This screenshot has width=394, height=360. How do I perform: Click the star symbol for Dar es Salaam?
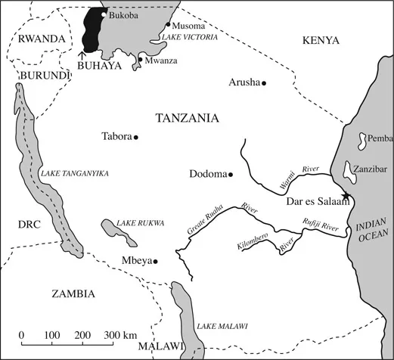pyautogui.click(x=346, y=197)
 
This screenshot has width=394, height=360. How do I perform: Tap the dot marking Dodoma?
pyautogui.click(x=230, y=175)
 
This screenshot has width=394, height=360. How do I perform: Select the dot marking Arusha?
pyautogui.click(x=264, y=82)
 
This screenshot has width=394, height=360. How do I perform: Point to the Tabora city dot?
pyautogui.click(x=136, y=137)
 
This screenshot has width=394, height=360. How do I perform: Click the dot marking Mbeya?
pyautogui.click(x=155, y=262)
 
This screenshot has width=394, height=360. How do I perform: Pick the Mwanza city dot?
pyautogui.click(x=141, y=59)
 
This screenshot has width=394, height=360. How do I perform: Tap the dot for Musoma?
pyautogui.click(x=168, y=24)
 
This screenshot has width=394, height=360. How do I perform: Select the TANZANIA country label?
pyautogui.click(x=186, y=118)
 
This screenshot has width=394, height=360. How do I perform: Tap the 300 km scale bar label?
pyautogui.click(x=120, y=334)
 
